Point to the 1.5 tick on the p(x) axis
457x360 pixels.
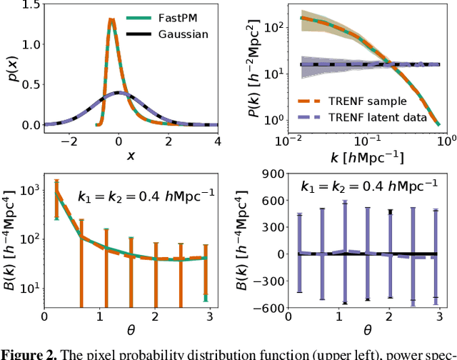(27, 5)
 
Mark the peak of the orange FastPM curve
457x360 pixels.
(111, 20)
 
